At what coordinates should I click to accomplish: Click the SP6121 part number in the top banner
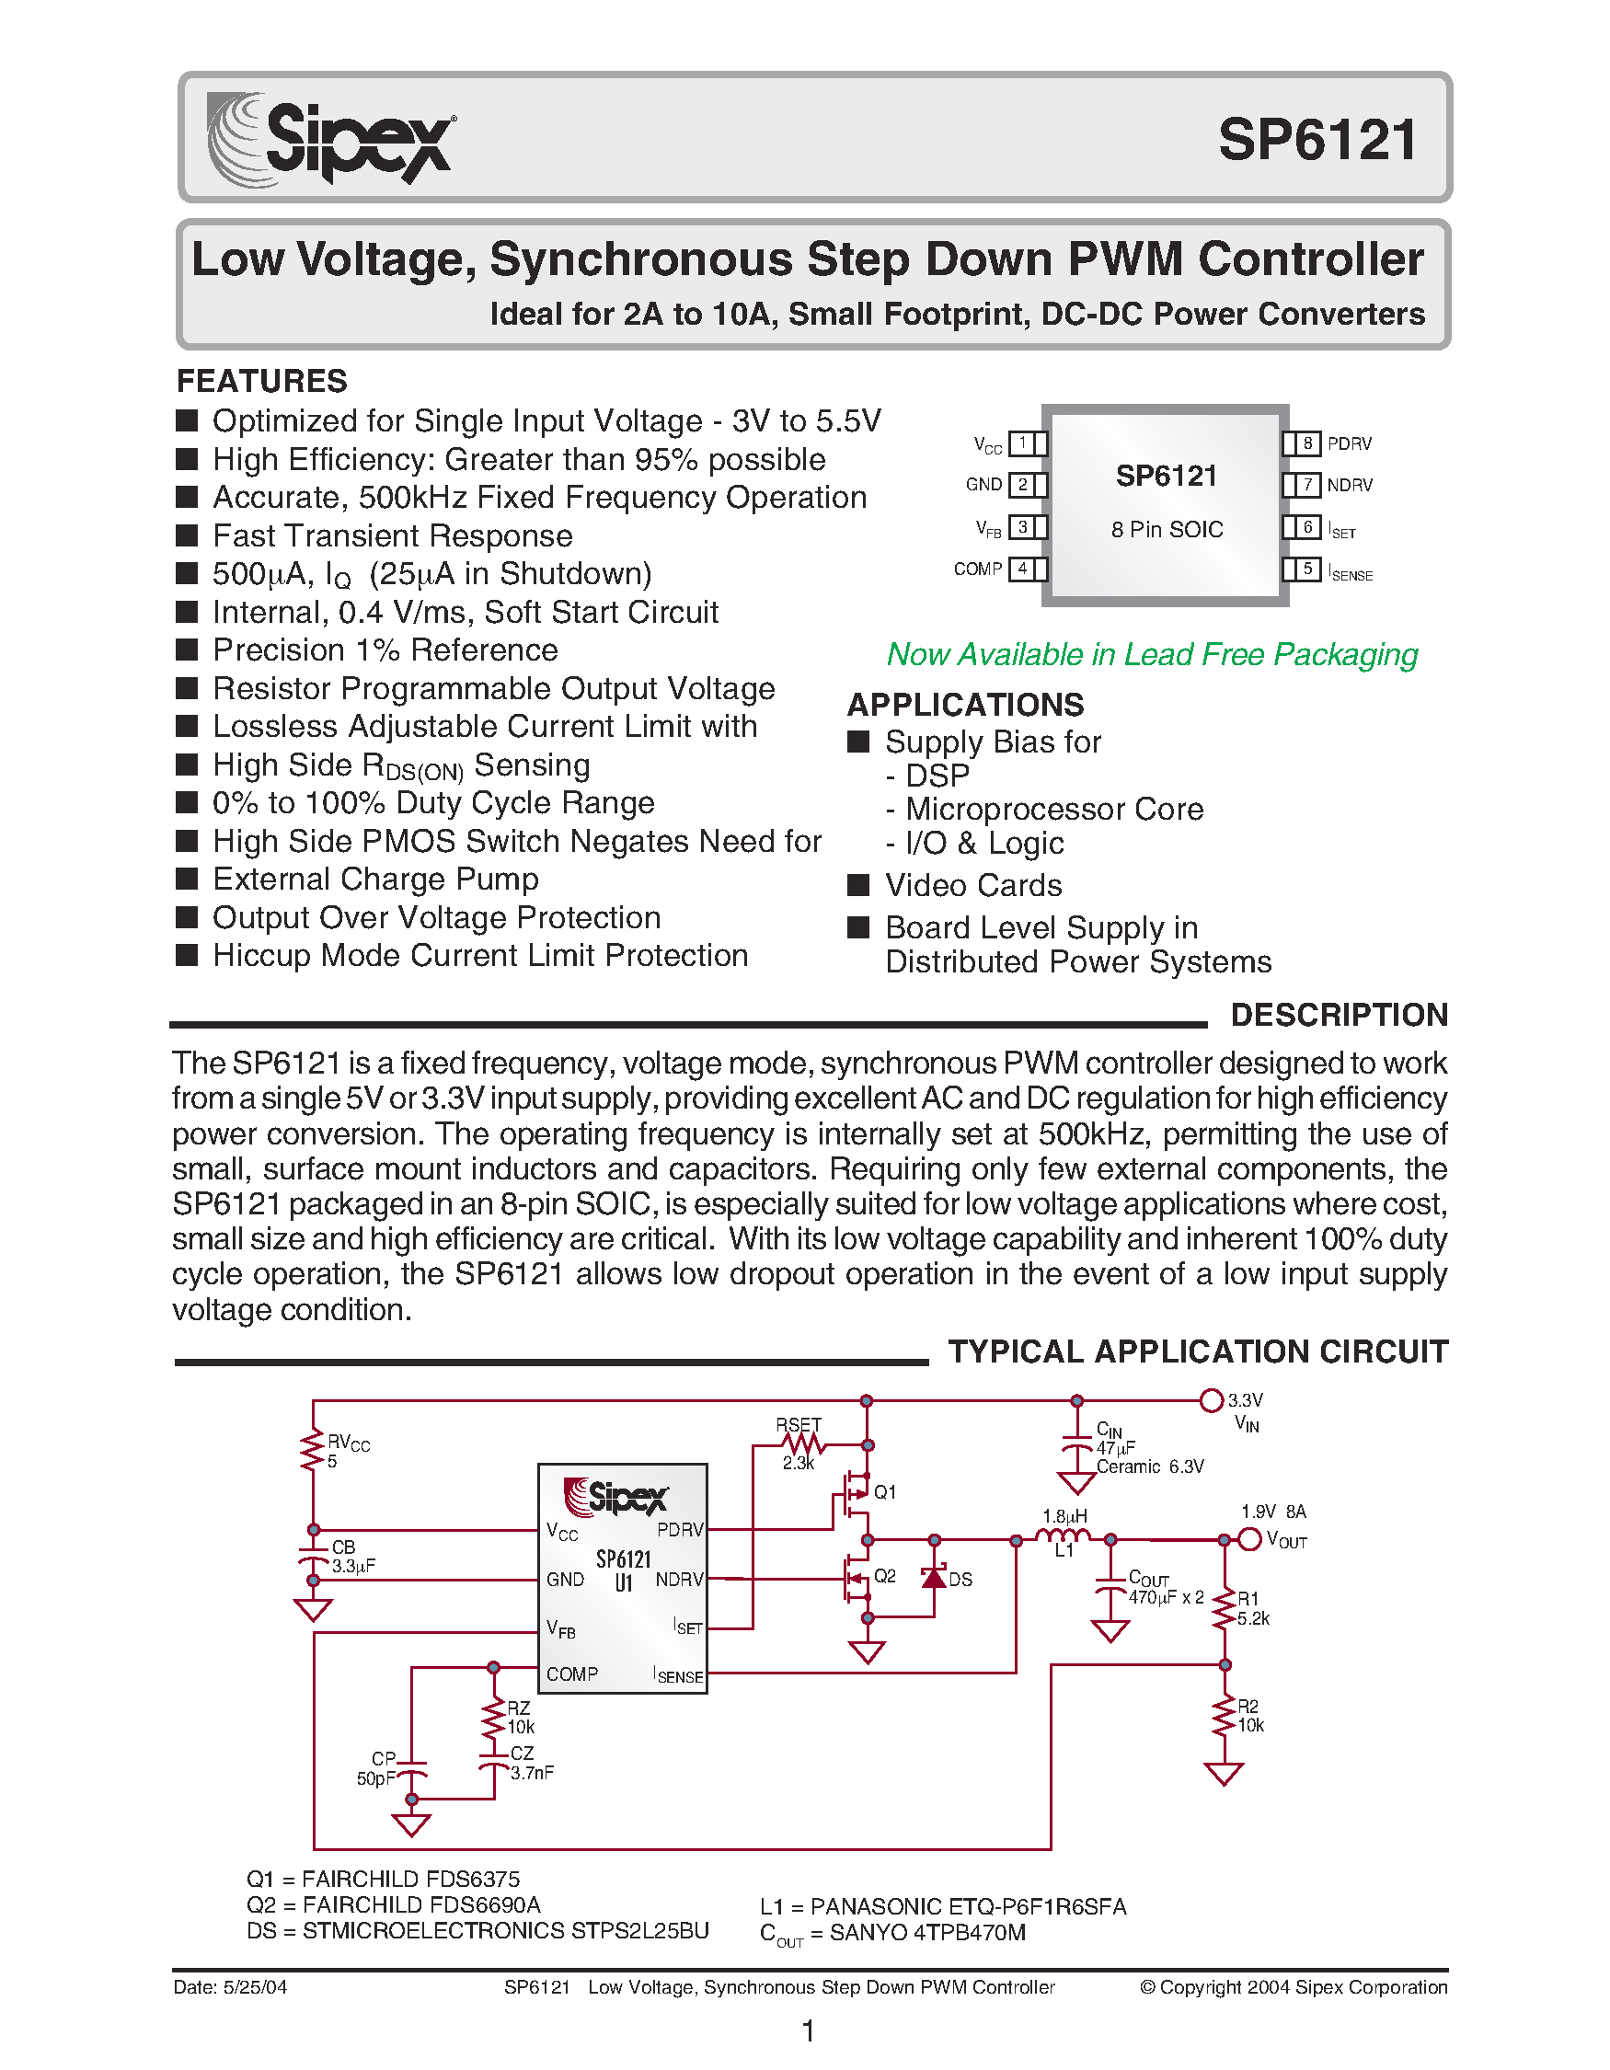tap(1317, 140)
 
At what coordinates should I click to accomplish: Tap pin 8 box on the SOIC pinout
tap(1306, 443)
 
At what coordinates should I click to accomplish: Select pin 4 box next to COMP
tap(1022, 569)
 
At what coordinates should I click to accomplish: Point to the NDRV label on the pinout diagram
tap(1350, 485)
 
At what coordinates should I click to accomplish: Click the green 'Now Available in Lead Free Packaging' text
tap(1151, 654)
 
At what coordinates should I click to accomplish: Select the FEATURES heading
tap(261, 381)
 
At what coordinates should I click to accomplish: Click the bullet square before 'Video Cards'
tap(857, 885)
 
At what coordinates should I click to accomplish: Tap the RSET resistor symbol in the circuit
tap(801, 1445)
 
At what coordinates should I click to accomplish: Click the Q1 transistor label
tap(884, 1492)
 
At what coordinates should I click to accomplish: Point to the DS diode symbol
tap(935, 1576)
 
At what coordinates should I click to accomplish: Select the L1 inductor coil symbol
tap(1064, 1536)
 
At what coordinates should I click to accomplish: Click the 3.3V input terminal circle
tap(1211, 1400)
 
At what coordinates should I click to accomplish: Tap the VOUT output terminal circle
tap(1250, 1539)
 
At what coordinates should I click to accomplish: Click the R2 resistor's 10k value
tap(1251, 1726)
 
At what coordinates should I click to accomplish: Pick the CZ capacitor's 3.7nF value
tap(532, 1773)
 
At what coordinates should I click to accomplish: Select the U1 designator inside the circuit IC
tap(623, 1582)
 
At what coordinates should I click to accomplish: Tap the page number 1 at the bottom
tap(809, 2030)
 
